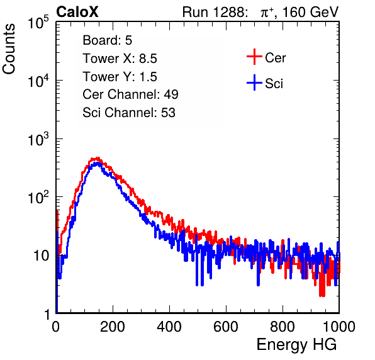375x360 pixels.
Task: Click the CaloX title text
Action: [77, 12]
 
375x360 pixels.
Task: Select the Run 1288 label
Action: [214, 12]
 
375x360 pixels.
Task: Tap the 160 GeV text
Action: [311, 12]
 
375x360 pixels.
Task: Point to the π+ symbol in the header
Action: [267, 13]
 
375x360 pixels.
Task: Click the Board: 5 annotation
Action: [108, 40]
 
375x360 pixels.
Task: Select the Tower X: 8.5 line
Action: [120, 59]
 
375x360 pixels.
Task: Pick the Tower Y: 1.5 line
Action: [120, 77]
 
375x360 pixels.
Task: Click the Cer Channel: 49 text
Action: [130, 94]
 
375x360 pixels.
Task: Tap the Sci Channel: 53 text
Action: [129, 113]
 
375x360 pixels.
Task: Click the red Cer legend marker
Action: [254, 57]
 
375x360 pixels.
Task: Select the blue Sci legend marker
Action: [254, 83]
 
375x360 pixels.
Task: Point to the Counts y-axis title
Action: [9, 49]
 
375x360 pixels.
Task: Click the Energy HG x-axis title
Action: [296, 345]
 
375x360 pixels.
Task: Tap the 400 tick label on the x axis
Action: [169, 327]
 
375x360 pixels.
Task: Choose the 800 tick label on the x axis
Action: [283, 327]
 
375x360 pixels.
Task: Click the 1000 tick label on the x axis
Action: [339, 327]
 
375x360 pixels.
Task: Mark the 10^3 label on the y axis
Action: [38, 139]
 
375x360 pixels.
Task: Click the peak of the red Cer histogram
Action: [97, 158]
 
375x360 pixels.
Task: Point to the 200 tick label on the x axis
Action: [113, 327]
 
